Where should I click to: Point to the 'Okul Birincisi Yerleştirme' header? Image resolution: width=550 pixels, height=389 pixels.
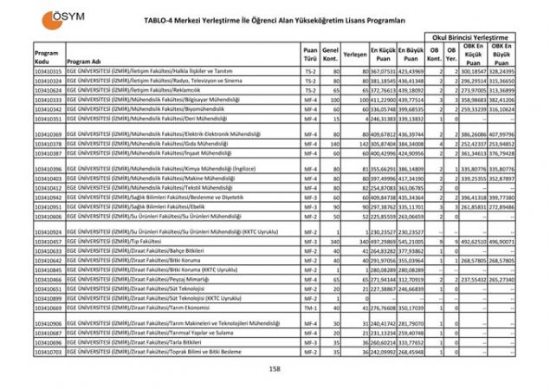[470, 38]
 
